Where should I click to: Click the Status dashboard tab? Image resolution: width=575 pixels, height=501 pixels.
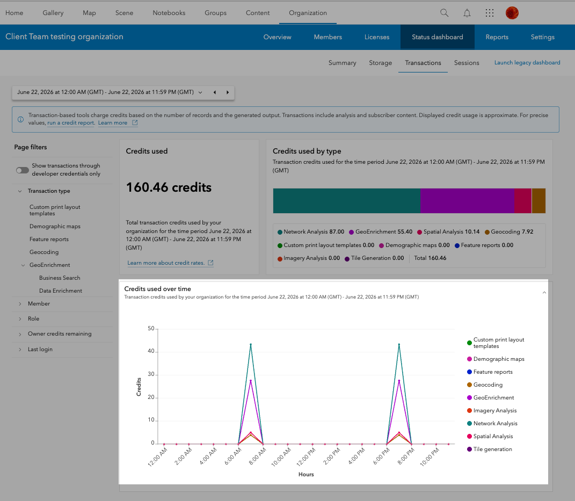[437, 37]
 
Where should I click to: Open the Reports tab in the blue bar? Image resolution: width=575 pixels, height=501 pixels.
[497, 37]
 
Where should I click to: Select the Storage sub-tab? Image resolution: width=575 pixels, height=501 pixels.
[380, 63]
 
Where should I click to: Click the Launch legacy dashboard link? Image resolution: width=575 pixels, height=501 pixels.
[527, 63]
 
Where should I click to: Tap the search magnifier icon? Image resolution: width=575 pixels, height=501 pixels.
[444, 13]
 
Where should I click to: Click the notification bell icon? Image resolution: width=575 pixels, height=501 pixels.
[467, 13]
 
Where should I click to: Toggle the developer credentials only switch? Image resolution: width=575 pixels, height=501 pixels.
[23, 170]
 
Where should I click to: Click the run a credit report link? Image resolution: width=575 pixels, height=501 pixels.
[71, 123]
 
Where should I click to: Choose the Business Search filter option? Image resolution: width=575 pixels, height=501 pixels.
[60, 278]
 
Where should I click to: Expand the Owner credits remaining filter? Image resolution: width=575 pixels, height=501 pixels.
[60, 334]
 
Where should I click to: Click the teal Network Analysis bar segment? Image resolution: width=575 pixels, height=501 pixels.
[346, 201]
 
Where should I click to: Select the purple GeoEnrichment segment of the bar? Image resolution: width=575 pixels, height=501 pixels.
[467, 201]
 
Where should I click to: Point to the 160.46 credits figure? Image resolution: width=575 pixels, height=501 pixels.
[169, 187]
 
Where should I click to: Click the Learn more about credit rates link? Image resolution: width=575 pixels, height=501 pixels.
[166, 263]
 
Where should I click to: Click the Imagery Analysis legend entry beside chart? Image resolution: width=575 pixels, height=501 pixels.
[491, 410]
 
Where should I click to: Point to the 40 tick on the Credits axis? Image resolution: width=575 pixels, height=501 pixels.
[151, 351]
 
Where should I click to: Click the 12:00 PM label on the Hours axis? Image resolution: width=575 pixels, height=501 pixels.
[306, 457]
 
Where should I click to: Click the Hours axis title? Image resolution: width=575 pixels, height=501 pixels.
[306, 475]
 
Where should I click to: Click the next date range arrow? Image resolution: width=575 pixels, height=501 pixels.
[227, 92]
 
